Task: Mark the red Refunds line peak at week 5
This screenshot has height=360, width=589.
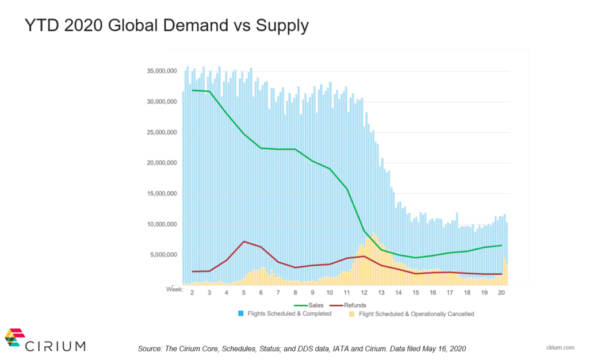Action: (244, 242)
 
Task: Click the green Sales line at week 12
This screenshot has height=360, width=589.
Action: (364, 231)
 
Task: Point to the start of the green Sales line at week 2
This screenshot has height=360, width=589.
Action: (192, 90)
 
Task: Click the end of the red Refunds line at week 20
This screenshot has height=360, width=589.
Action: (502, 274)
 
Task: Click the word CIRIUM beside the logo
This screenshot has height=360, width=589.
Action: (55, 346)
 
